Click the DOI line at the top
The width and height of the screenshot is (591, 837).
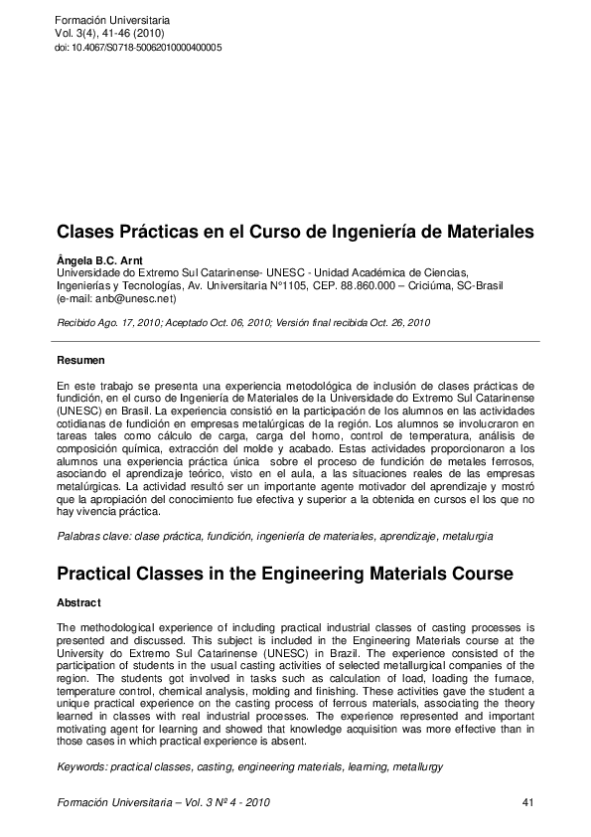[x=138, y=48]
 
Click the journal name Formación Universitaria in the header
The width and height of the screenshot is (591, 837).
[x=112, y=20]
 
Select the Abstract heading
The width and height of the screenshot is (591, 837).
[x=78, y=603]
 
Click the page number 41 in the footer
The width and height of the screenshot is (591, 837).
[x=526, y=801]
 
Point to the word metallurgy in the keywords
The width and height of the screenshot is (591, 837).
[x=417, y=767]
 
